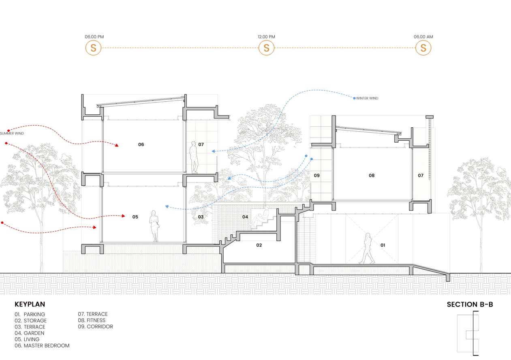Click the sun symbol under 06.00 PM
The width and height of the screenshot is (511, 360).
click(x=93, y=48)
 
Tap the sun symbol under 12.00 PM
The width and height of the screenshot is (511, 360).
click(x=266, y=48)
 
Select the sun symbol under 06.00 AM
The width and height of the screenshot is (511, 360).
click(x=423, y=48)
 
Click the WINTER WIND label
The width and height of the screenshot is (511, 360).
click(x=367, y=98)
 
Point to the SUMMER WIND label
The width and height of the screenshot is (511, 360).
click(x=12, y=133)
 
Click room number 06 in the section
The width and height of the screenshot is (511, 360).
click(x=141, y=144)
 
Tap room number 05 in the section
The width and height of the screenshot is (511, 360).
click(x=135, y=217)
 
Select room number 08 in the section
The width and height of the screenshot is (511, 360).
click(x=372, y=176)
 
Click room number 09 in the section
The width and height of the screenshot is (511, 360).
click(x=316, y=176)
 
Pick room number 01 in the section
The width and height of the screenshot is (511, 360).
click(x=383, y=245)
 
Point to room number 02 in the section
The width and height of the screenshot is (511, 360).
click(x=259, y=245)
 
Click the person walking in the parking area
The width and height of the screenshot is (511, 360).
click(x=367, y=249)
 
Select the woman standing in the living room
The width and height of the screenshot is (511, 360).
click(x=154, y=226)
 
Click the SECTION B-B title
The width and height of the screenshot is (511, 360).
click(x=470, y=304)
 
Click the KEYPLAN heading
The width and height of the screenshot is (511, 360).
click(x=30, y=304)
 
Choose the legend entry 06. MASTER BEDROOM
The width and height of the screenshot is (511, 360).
click(x=42, y=346)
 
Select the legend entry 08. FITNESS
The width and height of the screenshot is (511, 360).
click(x=92, y=320)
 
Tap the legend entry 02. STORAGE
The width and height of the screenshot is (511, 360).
click(x=30, y=321)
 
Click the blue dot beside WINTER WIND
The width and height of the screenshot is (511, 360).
click(x=354, y=98)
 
